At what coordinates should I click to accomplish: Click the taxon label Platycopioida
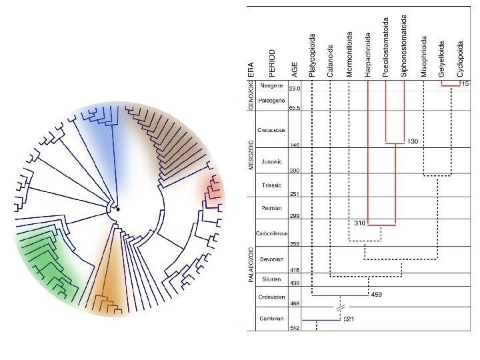(x=313, y=53)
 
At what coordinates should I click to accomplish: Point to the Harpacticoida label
(x=368, y=55)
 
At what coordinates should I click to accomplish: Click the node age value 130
(x=413, y=142)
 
